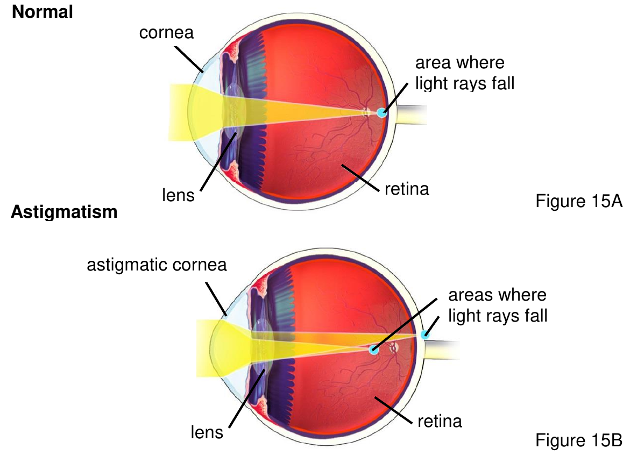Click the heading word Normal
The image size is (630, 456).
click(43, 12)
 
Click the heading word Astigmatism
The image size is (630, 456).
click(64, 212)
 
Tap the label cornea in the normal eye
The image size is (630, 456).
click(166, 33)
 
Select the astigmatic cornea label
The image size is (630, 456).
click(157, 265)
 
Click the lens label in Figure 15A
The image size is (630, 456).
click(178, 195)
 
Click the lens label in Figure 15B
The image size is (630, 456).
click(207, 432)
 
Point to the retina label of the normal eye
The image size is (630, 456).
click(407, 189)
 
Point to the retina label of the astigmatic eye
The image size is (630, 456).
click(440, 421)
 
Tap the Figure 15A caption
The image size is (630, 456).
click(579, 201)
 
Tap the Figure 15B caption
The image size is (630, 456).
click(579, 440)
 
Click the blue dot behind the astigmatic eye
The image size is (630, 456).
click(424, 334)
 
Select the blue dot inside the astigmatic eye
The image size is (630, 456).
click(374, 349)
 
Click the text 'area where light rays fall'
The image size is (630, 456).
click(465, 73)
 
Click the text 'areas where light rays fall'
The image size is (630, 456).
click(498, 305)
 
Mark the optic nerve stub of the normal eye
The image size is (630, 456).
click(410, 115)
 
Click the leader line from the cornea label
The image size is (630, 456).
click(189, 59)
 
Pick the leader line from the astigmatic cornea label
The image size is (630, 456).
click(216, 298)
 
